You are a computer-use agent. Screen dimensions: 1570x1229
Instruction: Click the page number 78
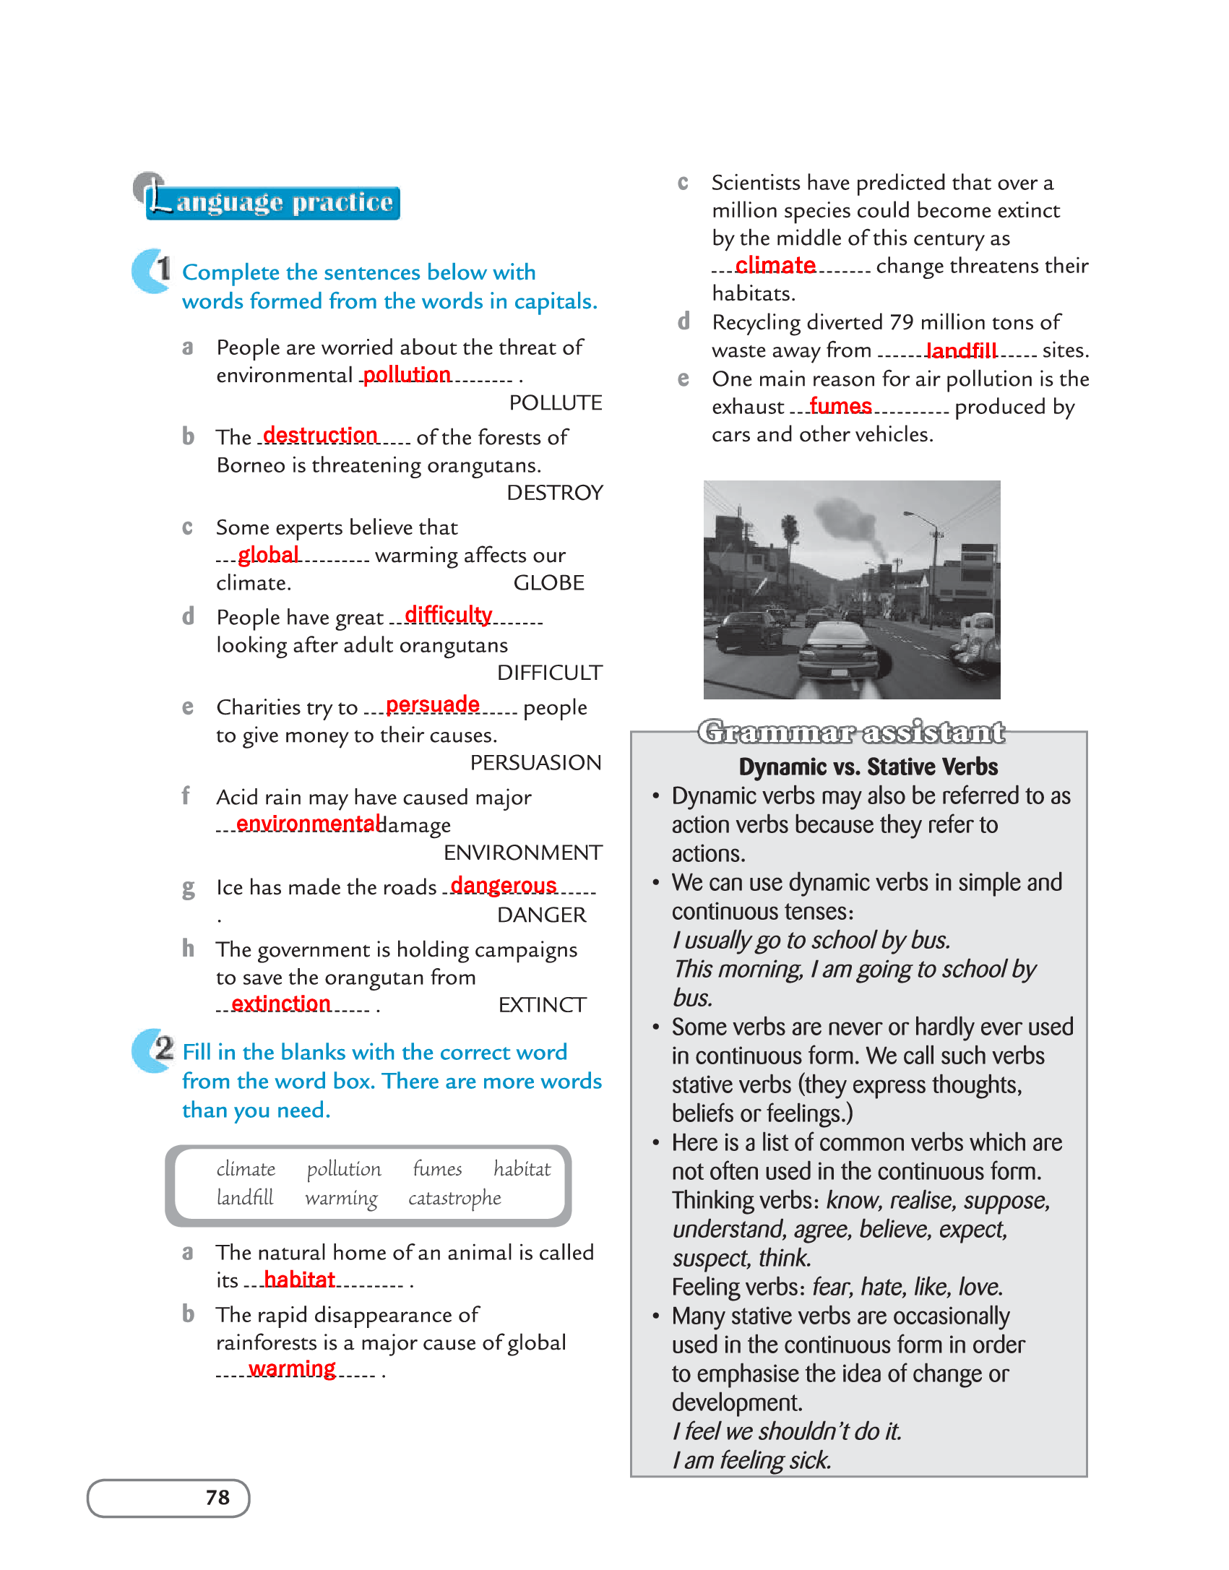217,1497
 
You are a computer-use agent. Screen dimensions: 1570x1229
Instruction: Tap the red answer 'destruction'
320,435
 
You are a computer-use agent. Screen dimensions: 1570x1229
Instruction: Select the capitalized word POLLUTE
555,402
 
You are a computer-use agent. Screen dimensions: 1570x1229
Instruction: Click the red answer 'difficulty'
448,614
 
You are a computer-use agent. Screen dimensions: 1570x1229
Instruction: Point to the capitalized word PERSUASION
535,762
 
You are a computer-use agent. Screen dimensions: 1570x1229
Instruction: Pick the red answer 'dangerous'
504,885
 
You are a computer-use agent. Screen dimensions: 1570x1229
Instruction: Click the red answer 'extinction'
281,1003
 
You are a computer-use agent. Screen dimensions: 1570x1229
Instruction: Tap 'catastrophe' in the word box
454,1198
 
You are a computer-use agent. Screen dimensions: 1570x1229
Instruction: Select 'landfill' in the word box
245,1198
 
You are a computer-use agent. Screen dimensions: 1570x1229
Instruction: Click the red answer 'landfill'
961,350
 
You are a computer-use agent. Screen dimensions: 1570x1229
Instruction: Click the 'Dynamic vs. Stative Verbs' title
868,767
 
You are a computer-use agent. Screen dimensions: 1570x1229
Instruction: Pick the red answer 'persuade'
432,704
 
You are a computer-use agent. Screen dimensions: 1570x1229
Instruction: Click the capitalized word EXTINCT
542,1005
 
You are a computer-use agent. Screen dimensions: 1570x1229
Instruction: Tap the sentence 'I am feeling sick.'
751,1460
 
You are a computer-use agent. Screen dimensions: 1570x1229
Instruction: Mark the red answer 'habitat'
299,1280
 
